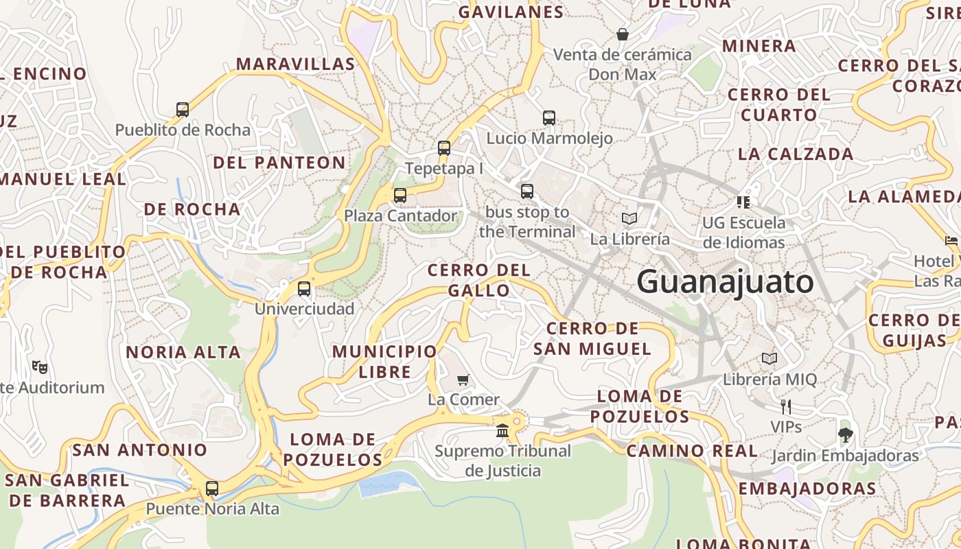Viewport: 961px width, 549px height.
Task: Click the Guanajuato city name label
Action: [x=725, y=282]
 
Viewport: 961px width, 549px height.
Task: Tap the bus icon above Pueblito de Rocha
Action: [x=183, y=109]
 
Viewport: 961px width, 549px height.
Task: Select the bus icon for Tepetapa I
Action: [x=444, y=148]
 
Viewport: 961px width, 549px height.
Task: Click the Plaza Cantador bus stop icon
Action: [x=400, y=195]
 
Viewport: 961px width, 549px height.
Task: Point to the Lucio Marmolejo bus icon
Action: [x=549, y=117]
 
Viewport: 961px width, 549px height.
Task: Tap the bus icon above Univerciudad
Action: [x=304, y=288]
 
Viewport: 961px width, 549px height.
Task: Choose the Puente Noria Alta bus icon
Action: [x=212, y=489]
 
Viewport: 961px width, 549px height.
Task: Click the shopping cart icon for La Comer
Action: [x=463, y=379]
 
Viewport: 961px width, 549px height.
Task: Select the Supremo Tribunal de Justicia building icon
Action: [x=502, y=431]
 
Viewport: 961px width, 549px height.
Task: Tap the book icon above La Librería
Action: [x=629, y=218]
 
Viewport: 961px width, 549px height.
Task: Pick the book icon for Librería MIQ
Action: [x=769, y=358]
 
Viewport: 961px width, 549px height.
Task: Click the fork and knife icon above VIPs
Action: [x=786, y=406]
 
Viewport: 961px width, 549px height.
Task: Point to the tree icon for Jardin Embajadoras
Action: [x=845, y=434]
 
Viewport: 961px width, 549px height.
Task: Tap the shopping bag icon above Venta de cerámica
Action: [x=623, y=34]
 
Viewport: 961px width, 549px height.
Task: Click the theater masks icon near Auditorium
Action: [x=40, y=367]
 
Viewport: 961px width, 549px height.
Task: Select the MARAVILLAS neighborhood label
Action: [x=295, y=64]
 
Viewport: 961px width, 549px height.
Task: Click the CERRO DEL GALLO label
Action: [x=479, y=280]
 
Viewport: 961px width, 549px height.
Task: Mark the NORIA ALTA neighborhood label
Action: [x=183, y=352]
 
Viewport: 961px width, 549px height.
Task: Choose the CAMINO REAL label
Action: [x=692, y=451]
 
